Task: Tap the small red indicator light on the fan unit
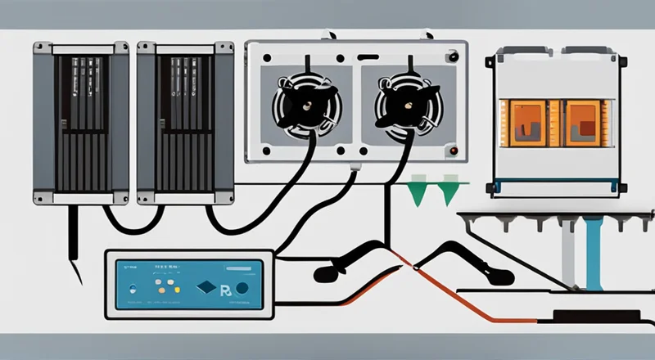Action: tap(451, 151)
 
